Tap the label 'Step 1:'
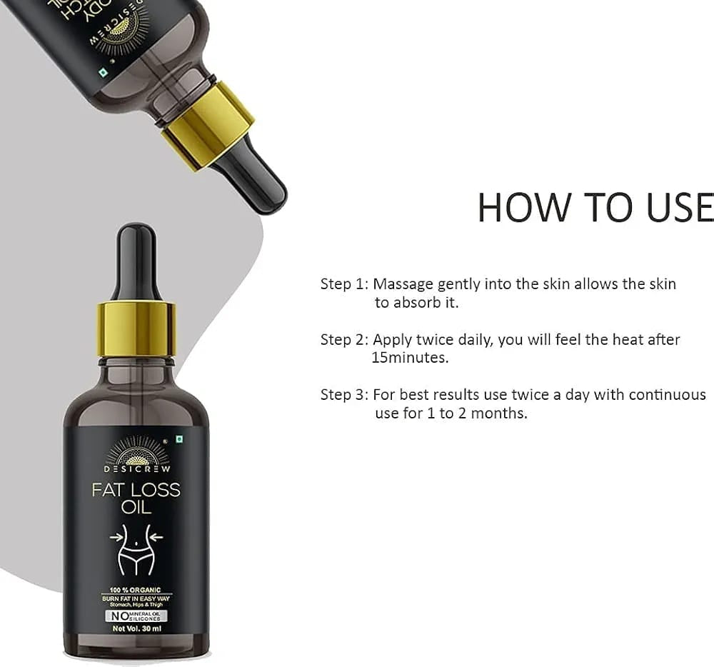(x=344, y=284)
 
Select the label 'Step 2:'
(x=344, y=340)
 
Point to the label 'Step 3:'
(x=344, y=395)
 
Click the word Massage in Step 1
(x=403, y=284)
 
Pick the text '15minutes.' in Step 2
(x=410, y=358)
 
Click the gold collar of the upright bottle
(x=136, y=328)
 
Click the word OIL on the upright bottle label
(x=136, y=508)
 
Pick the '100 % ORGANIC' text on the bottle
(x=136, y=589)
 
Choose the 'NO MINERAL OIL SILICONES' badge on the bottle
(x=136, y=615)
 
